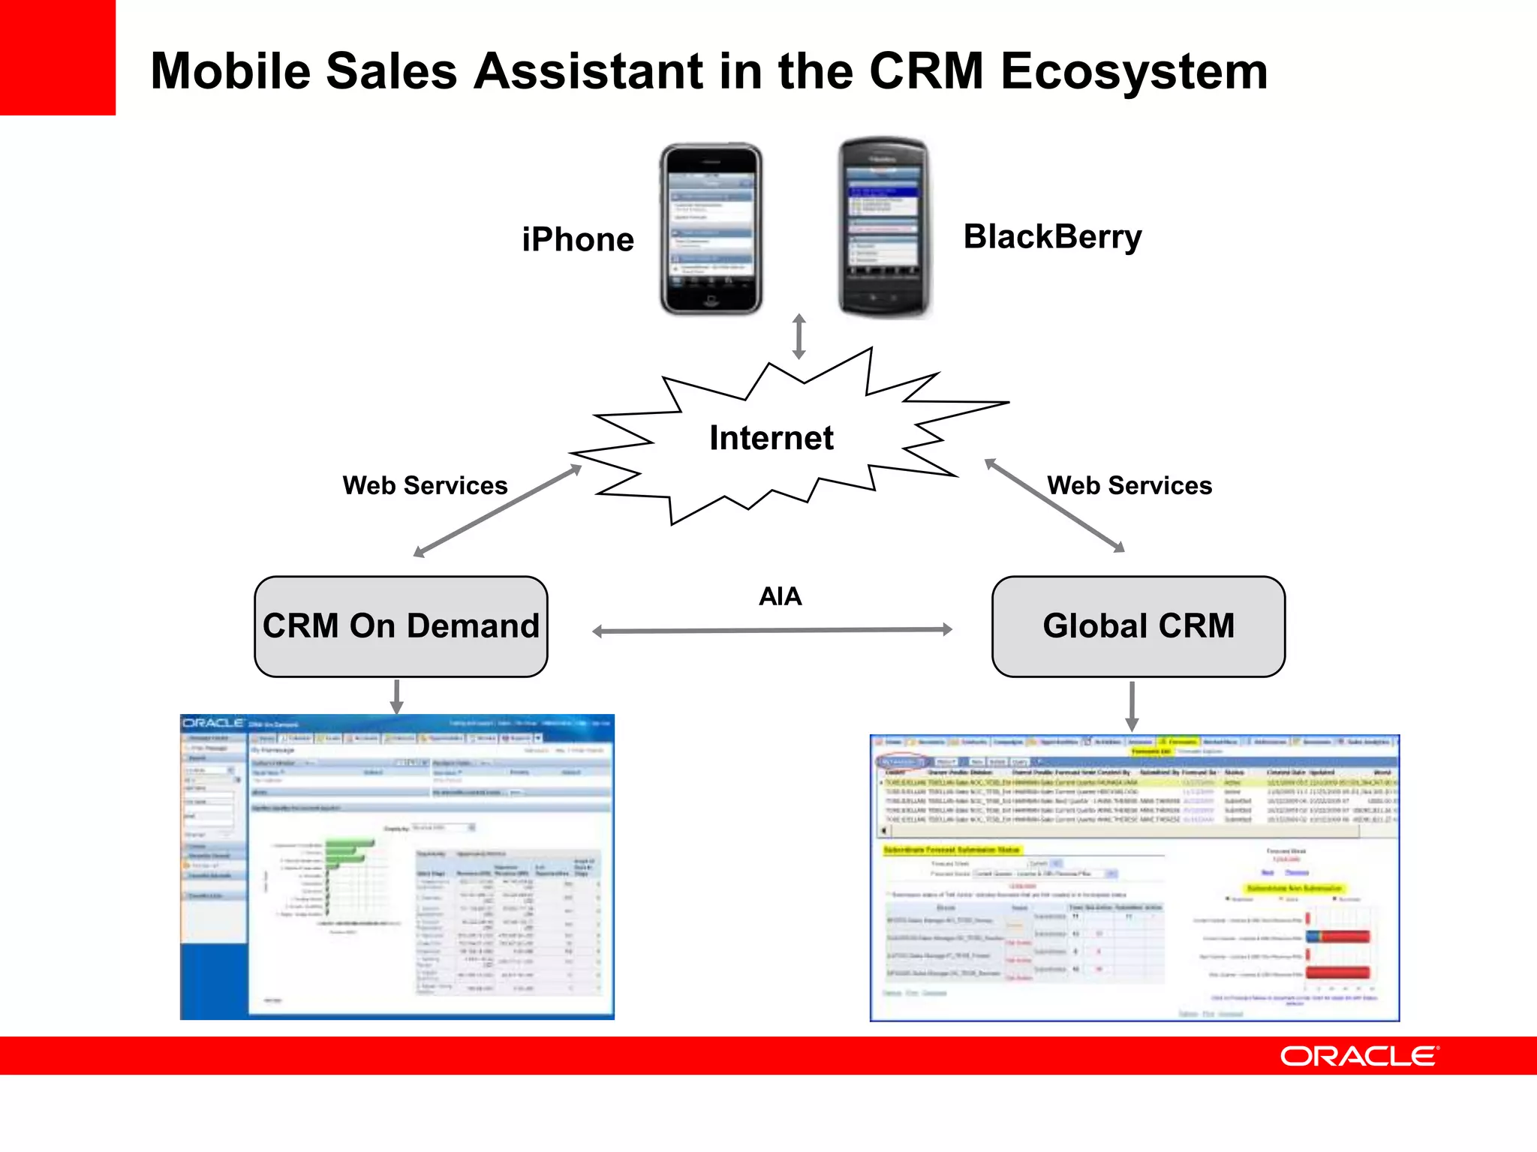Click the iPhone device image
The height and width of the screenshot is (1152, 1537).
coord(711,229)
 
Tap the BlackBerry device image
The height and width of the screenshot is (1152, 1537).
coord(883,227)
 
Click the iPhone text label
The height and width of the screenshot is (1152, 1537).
coord(578,240)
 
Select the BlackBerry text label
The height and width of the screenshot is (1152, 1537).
coord(1052,237)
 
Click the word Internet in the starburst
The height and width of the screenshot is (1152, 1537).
coord(772,438)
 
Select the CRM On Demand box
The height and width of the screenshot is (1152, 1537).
coord(401,626)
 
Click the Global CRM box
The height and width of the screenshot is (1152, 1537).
coord(1138,626)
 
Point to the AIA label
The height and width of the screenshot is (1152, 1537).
coord(780,596)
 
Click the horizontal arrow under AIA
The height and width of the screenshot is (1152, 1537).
coord(772,631)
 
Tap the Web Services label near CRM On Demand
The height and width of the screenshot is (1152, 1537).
coord(425,485)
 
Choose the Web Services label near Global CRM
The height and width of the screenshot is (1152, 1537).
coord(1129,485)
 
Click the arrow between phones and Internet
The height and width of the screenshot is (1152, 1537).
coord(799,337)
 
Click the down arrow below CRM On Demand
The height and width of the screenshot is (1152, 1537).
coord(397,697)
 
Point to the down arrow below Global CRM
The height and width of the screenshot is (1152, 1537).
coord(1132,706)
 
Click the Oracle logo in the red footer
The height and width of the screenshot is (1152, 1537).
coord(1358,1056)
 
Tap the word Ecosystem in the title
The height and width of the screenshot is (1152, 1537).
coord(1134,72)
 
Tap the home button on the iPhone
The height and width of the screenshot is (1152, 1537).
coord(710,301)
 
